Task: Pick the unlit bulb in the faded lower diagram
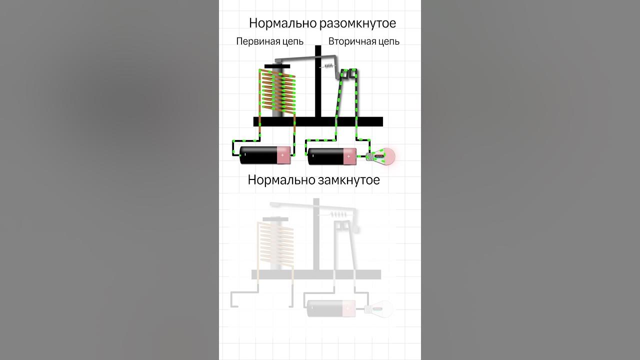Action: [x=381, y=309]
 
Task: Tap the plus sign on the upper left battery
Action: [x=282, y=155]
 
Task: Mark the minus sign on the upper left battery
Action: [x=245, y=155]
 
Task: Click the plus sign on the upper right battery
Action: [x=348, y=156]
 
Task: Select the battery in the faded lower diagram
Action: [x=331, y=308]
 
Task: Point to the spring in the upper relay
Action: [x=328, y=67]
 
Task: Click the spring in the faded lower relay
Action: [x=340, y=214]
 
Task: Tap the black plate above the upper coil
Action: [x=277, y=66]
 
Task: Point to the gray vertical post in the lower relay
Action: [x=316, y=235]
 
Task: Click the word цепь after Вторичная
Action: [x=388, y=41]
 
